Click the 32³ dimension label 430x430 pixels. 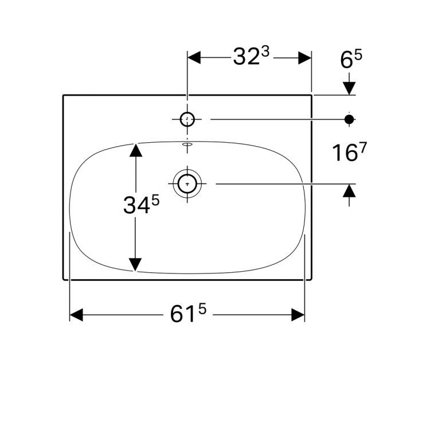pos(251,57)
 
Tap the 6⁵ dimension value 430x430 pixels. pos(352,59)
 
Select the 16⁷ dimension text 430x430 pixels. pos(349,153)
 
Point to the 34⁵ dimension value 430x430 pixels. pos(140,205)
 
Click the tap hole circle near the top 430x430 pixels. pos(188,119)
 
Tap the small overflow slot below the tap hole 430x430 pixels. pos(187,146)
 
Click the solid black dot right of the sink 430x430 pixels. pos(349,119)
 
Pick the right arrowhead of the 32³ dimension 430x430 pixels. pos(304,57)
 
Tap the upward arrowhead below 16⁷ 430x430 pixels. pos(349,191)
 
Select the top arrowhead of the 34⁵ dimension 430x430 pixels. pos(135,150)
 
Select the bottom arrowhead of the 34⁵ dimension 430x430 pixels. pos(135,264)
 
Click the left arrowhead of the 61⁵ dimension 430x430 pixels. pos(77,315)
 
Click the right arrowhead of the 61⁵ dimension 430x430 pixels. pos(298,315)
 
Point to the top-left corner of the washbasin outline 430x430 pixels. pos(63,95)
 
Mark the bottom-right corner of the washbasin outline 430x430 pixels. pos(312,280)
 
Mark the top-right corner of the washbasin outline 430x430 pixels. pos(312,95)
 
